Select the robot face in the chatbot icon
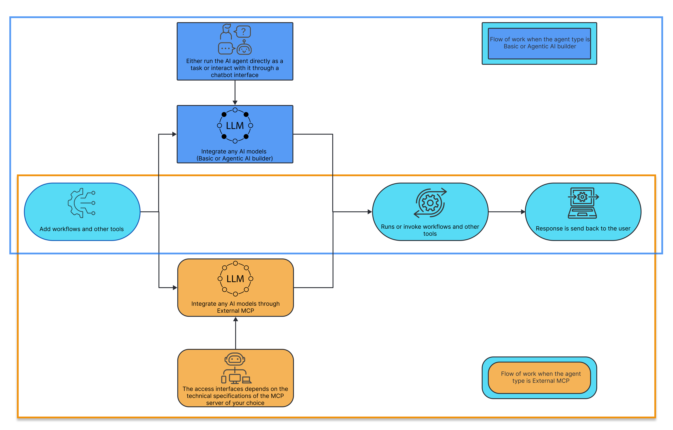[244, 49]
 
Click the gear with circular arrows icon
[430, 203]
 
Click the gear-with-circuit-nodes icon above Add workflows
[82, 203]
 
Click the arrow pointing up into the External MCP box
[236, 333]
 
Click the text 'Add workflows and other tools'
[82, 229]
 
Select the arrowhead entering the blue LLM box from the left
[174, 134]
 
